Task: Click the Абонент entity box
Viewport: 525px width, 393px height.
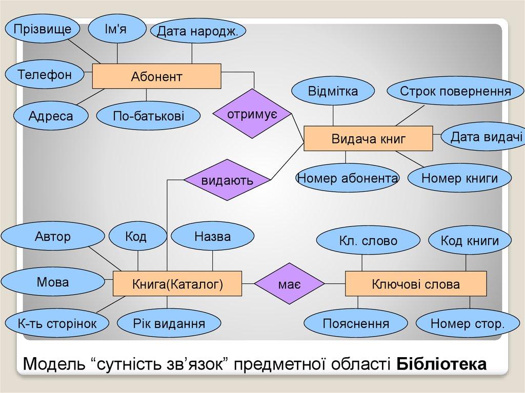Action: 156,76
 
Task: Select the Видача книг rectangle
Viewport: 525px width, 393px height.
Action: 369,138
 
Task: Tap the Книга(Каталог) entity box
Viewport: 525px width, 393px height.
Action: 177,284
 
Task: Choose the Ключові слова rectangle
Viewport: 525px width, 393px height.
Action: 415,284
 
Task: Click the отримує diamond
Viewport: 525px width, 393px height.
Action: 252,113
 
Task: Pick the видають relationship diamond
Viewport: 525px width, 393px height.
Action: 227,180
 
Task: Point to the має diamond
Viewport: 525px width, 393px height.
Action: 290,284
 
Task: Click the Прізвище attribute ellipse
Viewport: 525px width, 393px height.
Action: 43,29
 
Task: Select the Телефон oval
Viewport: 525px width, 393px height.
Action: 45,75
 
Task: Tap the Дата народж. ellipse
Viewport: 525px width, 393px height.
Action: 197,32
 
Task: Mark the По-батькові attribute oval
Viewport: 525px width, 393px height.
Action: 148,116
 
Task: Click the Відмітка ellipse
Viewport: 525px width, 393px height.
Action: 333,92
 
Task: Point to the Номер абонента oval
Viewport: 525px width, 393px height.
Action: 348,178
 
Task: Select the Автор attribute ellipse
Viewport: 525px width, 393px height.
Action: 53,237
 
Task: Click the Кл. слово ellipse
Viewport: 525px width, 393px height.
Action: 368,241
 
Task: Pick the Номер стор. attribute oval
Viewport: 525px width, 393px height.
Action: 468,324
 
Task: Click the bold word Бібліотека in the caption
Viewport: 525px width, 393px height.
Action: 442,365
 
